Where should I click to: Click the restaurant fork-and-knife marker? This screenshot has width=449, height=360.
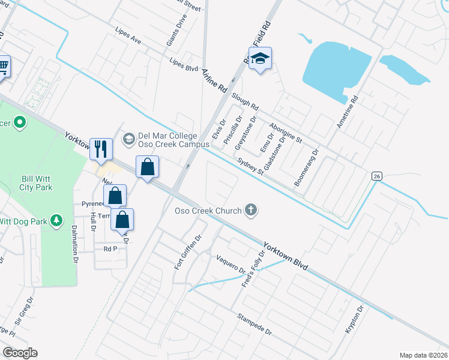pyautogui.click(x=101, y=148)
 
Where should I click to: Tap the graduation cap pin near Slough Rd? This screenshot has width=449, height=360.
pyautogui.click(x=261, y=59)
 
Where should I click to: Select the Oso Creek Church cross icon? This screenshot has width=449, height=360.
pyautogui.click(x=251, y=210)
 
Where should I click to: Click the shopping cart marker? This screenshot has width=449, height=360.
pyautogui.click(x=3, y=66)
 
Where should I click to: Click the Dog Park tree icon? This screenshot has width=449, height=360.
pyautogui.click(x=57, y=221)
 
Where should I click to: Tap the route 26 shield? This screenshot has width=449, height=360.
pyautogui.click(x=376, y=176)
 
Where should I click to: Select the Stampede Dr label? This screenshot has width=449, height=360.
pyautogui.click(x=254, y=324)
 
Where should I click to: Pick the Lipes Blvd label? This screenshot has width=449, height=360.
pyautogui.click(x=184, y=65)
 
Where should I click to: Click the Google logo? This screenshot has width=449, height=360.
pyautogui.click(x=20, y=353)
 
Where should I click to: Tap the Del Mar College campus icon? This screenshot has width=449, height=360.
pyautogui.click(x=128, y=139)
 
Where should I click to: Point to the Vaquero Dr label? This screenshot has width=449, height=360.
pyautogui.click(x=231, y=265)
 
